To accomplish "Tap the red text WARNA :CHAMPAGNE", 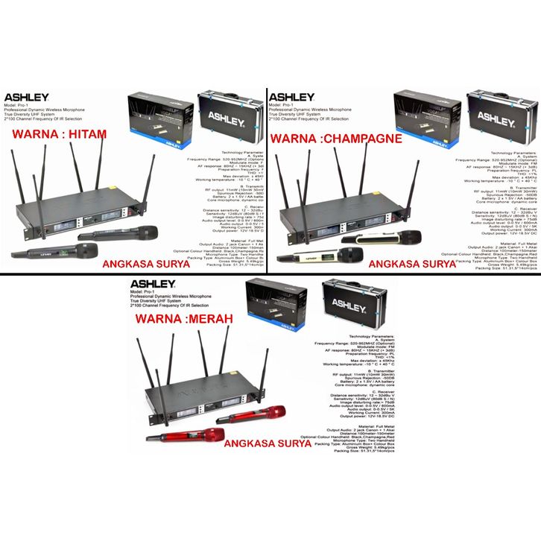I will (335, 138).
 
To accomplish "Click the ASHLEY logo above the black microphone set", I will (27, 97).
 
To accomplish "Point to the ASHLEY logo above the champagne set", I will (291, 97).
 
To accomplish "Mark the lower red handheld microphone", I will (186, 437).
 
